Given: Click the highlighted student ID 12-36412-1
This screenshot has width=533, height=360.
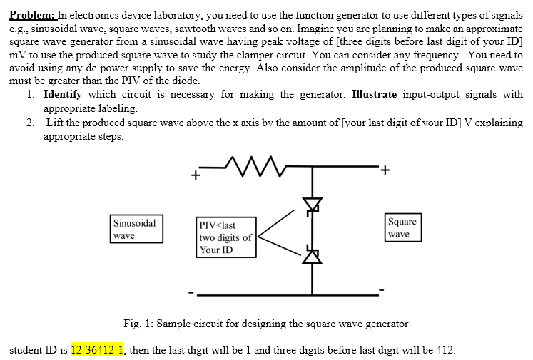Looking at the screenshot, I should pos(98,350).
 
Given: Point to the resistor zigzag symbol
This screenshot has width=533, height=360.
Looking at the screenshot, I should pos(247,168).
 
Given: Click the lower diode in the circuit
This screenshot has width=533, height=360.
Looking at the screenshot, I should pos(312,253).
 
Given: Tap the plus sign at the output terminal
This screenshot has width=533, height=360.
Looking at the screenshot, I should pos(386,170).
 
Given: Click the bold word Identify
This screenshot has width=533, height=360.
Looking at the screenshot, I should pos(63,95).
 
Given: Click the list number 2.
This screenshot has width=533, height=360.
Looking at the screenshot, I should pos(29,122).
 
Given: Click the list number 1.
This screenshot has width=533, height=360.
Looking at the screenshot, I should pos(29,95).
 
